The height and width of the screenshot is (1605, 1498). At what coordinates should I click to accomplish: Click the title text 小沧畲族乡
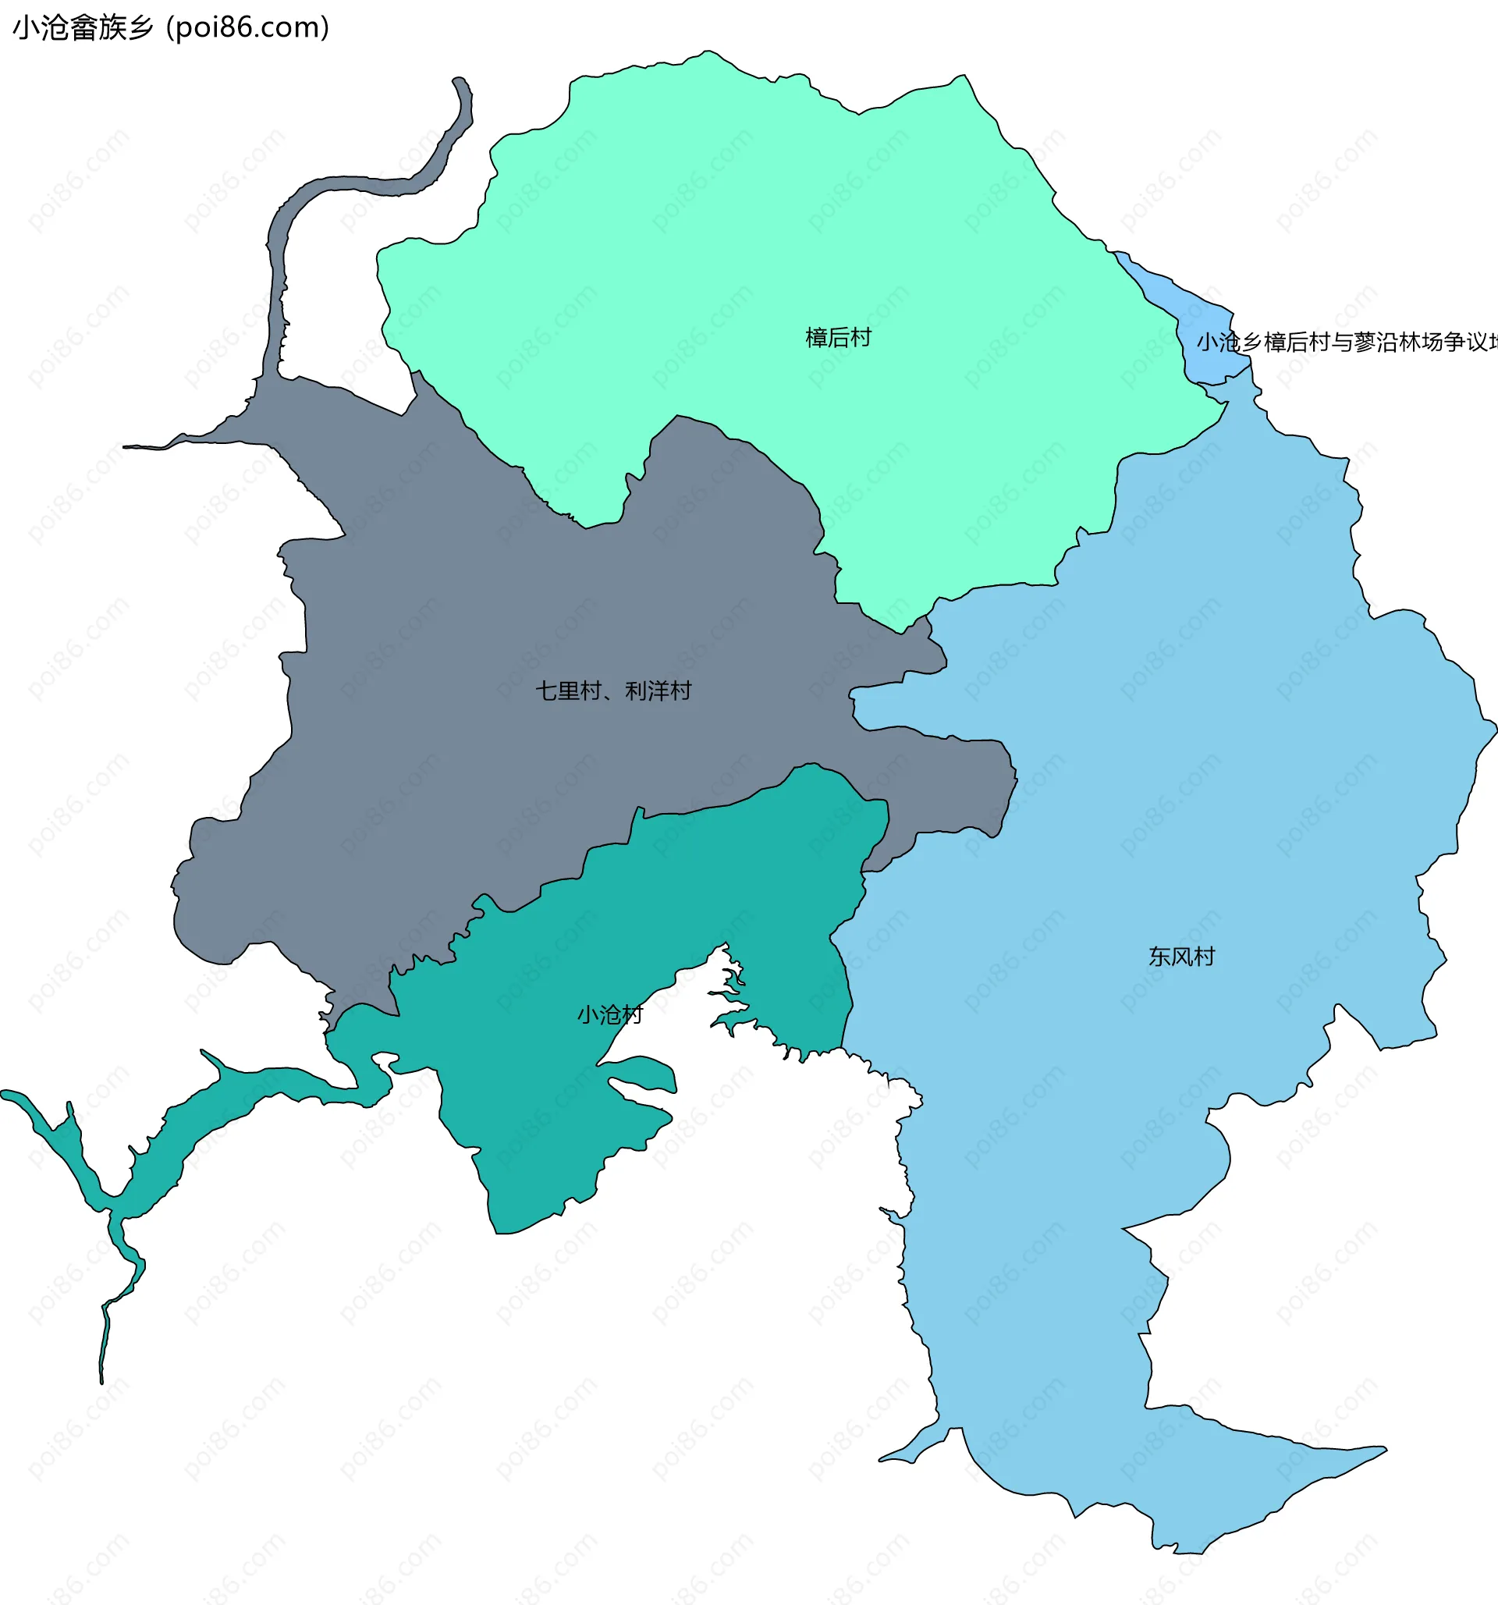pyautogui.click(x=83, y=28)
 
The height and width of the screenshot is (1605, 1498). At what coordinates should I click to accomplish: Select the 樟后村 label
pyautogui.click(x=839, y=338)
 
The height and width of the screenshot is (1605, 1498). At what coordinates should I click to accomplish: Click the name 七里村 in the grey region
pyautogui.click(x=568, y=691)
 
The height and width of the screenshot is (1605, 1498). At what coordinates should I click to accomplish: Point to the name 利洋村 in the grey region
pyautogui.click(x=658, y=691)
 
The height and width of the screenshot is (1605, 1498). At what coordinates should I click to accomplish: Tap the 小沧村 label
pyautogui.click(x=609, y=1015)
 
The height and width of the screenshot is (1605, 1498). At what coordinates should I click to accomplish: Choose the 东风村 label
pyautogui.click(x=1181, y=957)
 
